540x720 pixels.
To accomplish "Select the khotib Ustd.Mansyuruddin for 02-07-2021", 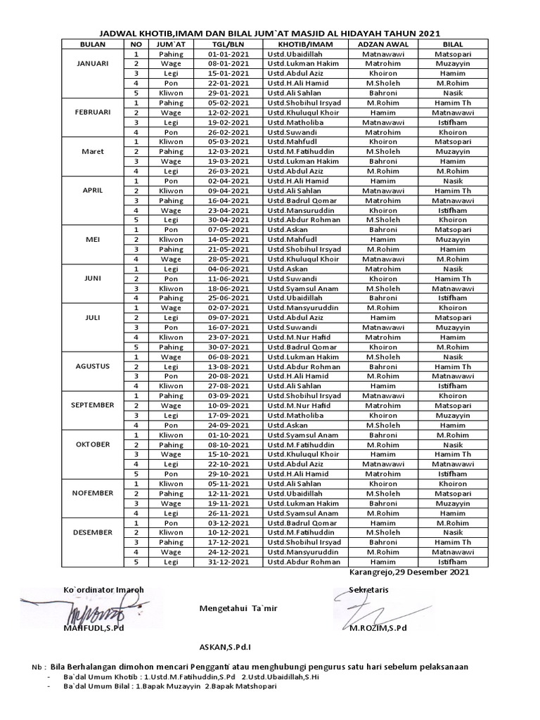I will click(303, 307).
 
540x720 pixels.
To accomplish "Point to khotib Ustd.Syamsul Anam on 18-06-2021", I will click(302, 288).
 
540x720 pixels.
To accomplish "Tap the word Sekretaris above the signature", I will click(369, 589).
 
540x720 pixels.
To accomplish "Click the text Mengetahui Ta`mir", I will click(233, 608).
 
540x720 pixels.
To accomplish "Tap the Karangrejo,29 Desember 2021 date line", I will click(409, 572).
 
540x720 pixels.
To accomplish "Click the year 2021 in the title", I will click(428, 33).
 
